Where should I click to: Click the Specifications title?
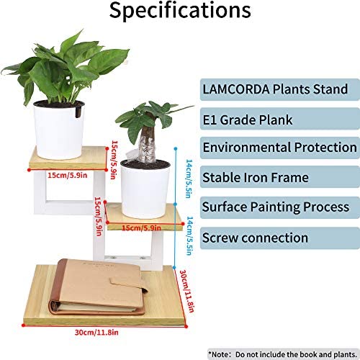coord(180,11)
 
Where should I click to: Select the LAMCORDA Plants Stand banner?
coord(280,89)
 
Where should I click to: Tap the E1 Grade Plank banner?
coord(280,120)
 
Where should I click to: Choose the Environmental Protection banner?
coord(280,148)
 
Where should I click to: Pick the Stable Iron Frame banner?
coord(280,177)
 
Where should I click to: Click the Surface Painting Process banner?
coord(280,207)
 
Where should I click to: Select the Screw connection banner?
coord(280,238)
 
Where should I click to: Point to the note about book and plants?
coord(283,354)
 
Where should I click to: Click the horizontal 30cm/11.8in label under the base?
coord(96,333)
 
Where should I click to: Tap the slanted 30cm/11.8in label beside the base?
coord(187,291)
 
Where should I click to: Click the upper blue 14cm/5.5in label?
coord(189,179)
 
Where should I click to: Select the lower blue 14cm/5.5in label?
coord(190,236)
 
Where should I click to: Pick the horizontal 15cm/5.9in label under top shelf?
coord(68,176)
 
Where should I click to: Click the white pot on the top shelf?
coord(59,130)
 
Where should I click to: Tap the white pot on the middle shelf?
coord(145,189)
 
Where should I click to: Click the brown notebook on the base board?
coord(99,287)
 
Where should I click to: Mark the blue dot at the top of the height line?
coord(176,149)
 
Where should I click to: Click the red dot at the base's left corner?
coord(23,325)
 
